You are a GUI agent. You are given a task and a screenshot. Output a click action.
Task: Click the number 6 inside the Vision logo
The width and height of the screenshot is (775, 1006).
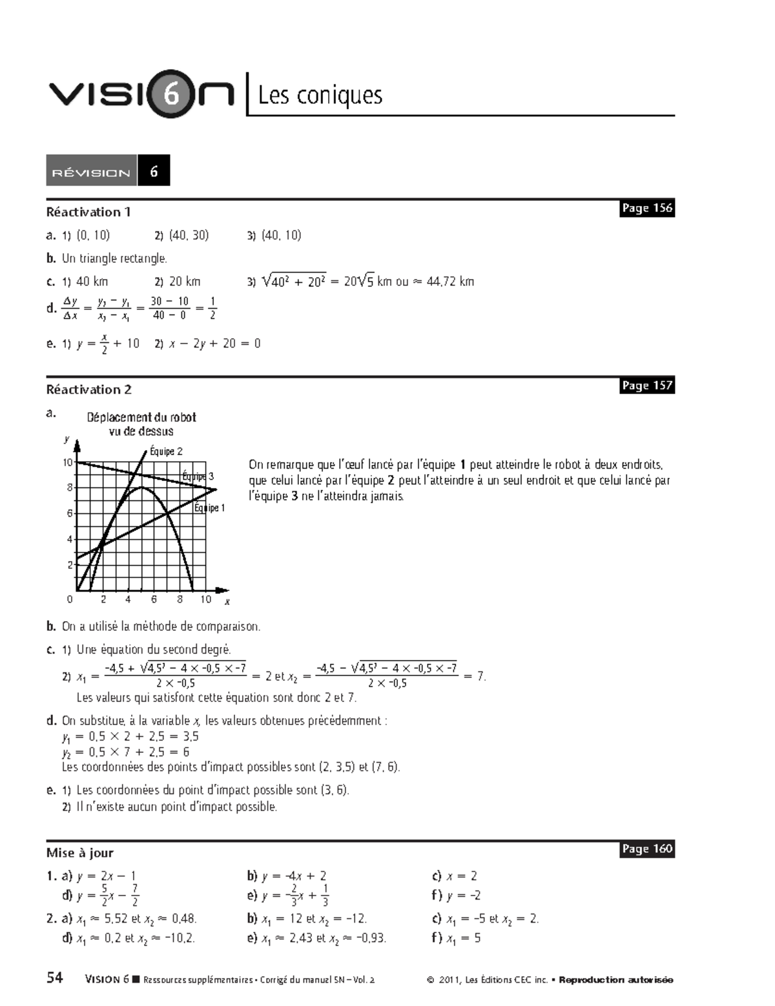(x=172, y=94)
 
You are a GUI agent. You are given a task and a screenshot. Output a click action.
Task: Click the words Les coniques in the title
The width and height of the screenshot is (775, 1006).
(x=320, y=96)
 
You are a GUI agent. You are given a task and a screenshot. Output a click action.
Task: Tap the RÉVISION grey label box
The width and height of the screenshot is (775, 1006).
(x=91, y=172)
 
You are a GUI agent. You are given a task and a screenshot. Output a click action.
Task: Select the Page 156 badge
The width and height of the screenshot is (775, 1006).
(x=646, y=208)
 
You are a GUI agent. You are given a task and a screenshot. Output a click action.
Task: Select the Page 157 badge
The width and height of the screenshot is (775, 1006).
(x=646, y=385)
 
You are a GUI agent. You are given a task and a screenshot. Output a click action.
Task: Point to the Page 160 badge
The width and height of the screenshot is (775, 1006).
(x=646, y=848)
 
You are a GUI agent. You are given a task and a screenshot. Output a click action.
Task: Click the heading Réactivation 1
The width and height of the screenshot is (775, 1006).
(x=88, y=212)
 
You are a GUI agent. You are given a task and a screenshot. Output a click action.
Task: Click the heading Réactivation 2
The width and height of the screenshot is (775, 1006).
(x=88, y=389)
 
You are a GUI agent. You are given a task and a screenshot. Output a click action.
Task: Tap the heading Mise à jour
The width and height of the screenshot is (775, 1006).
(x=79, y=852)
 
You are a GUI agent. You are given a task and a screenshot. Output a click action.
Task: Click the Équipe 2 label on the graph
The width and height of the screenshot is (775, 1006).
(x=166, y=451)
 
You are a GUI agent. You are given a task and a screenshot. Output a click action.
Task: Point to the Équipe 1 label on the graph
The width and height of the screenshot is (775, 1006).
(x=209, y=508)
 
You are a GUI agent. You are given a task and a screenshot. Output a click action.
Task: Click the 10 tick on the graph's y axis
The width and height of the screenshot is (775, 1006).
(x=68, y=462)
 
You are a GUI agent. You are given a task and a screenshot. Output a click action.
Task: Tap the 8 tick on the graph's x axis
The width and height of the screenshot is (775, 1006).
(x=180, y=599)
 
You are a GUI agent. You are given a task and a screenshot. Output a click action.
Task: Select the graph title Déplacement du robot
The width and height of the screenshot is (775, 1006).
(x=141, y=418)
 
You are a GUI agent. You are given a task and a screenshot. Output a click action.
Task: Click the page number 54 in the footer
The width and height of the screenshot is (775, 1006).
(x=55, y=978)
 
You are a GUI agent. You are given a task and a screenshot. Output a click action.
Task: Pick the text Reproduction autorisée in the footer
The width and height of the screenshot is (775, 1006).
(x=615, y=980)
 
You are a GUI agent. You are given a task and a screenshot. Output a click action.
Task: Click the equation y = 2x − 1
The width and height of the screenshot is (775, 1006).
(x=106, y=876)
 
